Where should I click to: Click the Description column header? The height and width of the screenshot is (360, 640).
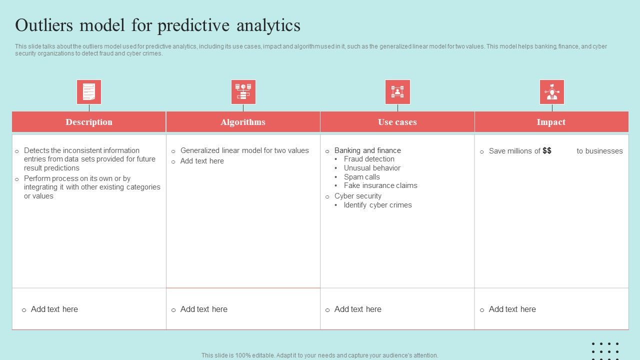click(x=89, y=122)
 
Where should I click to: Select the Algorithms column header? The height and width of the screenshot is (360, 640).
click(x=243, y=122)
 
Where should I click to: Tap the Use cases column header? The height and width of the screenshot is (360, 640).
click(x=397, y=122)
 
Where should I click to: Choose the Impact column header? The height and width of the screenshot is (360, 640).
click(x=551, y=122)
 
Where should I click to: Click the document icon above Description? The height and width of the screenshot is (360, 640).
click(x=89, y=92)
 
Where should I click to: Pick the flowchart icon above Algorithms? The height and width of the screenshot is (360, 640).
click(x=243, y=92)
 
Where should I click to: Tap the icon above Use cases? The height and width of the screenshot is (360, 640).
click(x=397, y=92)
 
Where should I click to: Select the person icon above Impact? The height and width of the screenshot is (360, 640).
click(x=552, y=92)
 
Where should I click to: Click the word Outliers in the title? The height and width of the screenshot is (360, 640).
click(x=44, y=25)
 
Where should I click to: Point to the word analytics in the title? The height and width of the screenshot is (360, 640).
click(x=268, y=26)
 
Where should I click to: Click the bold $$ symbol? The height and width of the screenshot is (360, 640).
click(x=547, y=150)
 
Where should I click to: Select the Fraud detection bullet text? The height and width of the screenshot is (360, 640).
click(x=369, y=159)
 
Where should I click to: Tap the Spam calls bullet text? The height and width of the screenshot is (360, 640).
click(x=361, y=177)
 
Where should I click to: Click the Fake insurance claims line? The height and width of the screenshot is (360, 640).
click(x=380, y=185)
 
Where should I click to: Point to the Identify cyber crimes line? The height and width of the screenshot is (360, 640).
click(x=377, y=205)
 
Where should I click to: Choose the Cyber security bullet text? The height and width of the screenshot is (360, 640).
click(x=358, y=196)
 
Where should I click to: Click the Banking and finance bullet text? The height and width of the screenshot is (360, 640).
click(x=367, y=150)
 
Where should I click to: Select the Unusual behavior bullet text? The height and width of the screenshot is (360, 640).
click(x=372, y=168)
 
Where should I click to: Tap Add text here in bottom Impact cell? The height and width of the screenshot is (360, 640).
click(x=512, y=309)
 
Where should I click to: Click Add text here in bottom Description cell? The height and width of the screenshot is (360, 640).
click(x=54, y=309)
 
